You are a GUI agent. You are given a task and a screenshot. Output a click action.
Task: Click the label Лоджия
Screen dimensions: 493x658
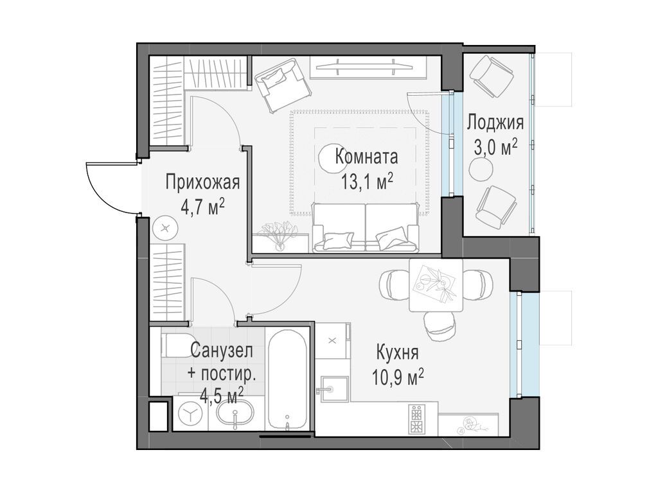pyautogui.click(x=495, y=122)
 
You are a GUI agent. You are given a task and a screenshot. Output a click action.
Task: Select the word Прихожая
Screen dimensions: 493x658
pyautogui.click(x=202, y=183)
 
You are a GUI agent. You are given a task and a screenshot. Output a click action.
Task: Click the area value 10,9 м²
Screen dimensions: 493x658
pyautogui.click(x=398, y=376)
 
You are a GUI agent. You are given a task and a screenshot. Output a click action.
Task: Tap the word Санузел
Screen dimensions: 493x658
pyautogui.click(x=221, y=350)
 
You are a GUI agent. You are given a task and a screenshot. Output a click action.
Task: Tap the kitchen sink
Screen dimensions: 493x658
pyautogui.click(x=333, y=390)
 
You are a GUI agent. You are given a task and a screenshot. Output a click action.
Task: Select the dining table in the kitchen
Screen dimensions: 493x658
pyautogui.click(x=436, y=285)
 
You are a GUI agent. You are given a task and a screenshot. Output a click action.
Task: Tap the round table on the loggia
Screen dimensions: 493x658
pyautogui.click(x=481, y=169)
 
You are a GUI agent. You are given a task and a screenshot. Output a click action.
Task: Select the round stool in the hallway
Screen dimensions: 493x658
pyautogui.click(x=166, y=227)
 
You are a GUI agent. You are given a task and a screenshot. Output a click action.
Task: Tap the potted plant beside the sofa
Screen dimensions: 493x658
pyautogui.click(x=278, y=234)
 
